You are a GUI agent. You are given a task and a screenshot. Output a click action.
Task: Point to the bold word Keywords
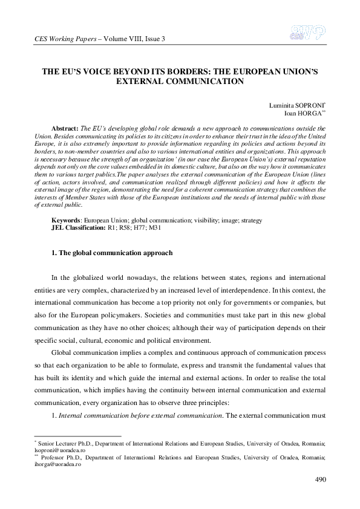click(66, 221)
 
